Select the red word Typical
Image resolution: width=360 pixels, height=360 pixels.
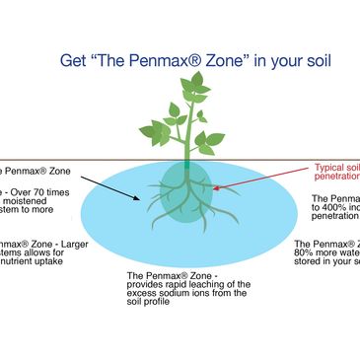click(330, 168)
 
